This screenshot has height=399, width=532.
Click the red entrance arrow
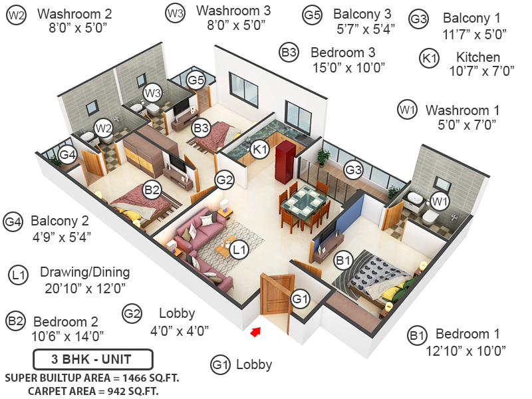click(x=254, y=331)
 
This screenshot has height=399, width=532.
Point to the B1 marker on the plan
click(x=343, y=260)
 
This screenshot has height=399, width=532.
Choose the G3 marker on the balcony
click(x=354, y=170)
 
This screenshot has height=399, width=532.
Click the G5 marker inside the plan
click(x=196, y=80)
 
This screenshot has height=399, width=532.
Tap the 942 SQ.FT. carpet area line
click(x=93, y=391)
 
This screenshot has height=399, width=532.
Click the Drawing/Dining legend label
click(x=84, y=272)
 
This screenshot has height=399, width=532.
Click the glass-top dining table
click(x=305, y=201)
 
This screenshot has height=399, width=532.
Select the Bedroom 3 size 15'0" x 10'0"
click(x=348, y=67)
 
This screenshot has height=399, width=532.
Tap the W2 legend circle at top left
click(x=17, y=15)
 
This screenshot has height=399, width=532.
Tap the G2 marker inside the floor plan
click(x=225, y=179)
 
